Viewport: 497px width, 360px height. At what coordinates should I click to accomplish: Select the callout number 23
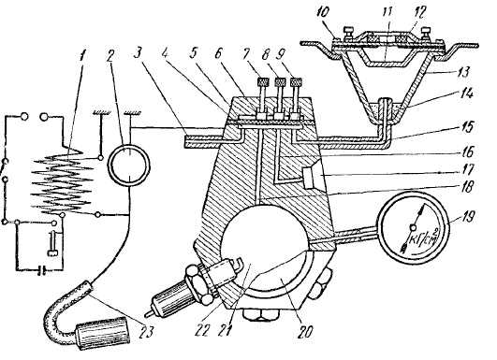(x=147, y=332)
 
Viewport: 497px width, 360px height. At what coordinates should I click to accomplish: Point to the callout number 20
(x=304, y=331)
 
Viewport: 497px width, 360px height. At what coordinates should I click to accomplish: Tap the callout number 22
(x=203, y=331)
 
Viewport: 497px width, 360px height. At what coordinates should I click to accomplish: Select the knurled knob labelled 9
(x=296, y=82)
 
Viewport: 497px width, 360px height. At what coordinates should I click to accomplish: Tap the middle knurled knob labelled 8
(x=280, y=82)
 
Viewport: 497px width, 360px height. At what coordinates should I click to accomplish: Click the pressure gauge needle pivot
(x=413, y=227)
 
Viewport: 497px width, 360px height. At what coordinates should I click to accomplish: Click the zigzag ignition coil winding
(x=63, y=180)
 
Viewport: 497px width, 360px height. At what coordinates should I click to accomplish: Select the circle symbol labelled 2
(x=129, y=165)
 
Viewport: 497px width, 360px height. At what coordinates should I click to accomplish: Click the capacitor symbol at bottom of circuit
(x=41, y=270)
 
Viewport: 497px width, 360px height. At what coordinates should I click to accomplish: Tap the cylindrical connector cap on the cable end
(x=103, y=333)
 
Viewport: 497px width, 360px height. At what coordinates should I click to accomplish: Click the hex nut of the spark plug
(x=198, y=284)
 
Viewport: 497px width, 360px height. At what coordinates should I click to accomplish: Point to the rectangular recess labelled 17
(x=309, y=178)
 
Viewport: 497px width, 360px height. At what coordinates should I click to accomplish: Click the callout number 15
(x=466, y=127)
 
